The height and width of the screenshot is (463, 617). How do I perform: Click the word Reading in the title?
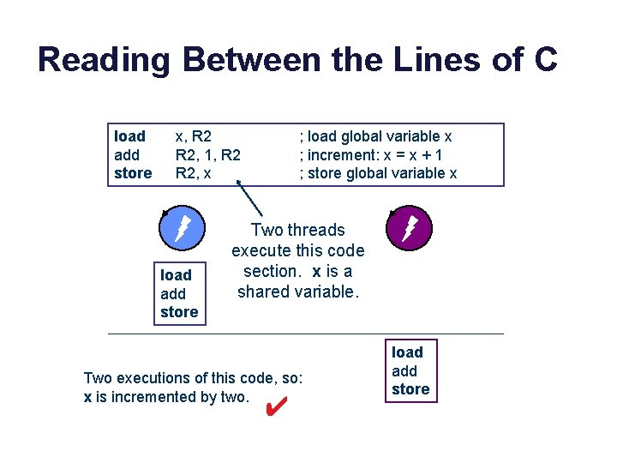tap(105, 61)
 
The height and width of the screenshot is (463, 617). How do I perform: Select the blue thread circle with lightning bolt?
tap(182, 228)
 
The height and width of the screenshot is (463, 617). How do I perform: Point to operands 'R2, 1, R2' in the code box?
tap(207, 155)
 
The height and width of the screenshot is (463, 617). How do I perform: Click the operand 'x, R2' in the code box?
tap(194, 136)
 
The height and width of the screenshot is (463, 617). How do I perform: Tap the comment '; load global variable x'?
tap(375, 136)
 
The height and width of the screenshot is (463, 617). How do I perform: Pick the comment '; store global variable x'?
tap(378, 173)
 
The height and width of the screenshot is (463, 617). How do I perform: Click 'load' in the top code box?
tap(129, 136)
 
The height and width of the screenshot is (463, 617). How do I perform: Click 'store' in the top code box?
tap(132, 173)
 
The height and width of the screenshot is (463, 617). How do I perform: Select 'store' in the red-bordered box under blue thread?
tap(179, 312)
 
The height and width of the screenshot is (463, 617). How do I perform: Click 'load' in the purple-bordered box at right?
tap(407, 352)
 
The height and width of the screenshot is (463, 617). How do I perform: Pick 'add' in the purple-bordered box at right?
tap(404, 370)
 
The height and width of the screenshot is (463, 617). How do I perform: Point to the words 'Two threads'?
tap(297, 230)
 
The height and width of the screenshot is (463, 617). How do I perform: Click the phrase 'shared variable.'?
tap(297, 292)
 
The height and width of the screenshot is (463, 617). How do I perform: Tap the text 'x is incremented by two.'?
tap(166, 397)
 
